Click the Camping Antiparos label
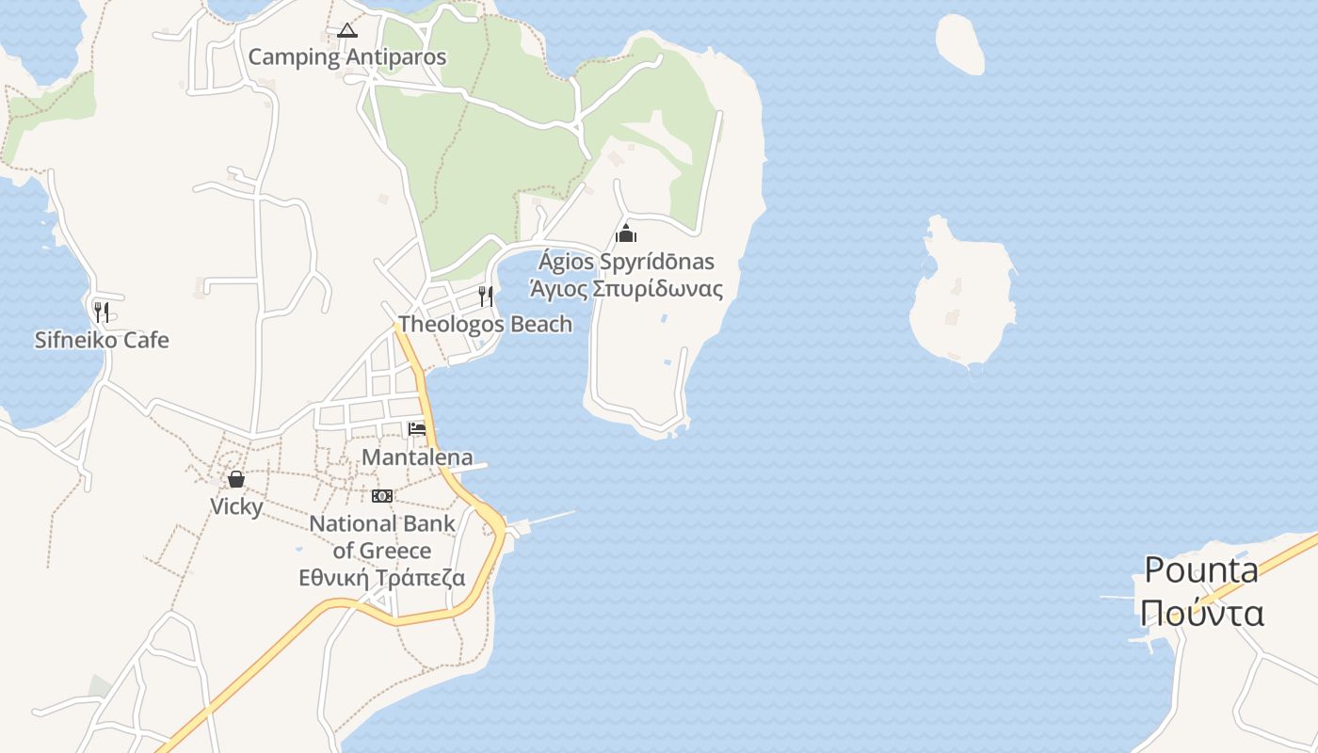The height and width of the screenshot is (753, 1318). [x=346, y=57]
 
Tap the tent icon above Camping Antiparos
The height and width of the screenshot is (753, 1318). [x=347, y=30]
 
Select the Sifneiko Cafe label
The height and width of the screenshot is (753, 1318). [x=102, y=340]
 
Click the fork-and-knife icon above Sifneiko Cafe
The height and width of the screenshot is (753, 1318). [x=102, y=312]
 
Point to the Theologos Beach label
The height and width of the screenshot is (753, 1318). [x=485, y=325]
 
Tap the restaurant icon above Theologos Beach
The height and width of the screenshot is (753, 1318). [x=486, y=296]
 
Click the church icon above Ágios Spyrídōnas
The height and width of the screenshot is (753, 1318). [x=626, y=234]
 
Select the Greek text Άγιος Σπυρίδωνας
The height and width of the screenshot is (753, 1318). [x=626, y=289]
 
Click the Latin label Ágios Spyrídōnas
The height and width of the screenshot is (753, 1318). [x=626, y=262]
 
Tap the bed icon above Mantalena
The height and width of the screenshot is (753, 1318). [x=417, y=429]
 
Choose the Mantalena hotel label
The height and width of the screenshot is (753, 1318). [x=417, y=458]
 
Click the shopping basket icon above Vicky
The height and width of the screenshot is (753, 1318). [x=236, y=479]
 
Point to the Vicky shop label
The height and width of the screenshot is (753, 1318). [x=236, y=507]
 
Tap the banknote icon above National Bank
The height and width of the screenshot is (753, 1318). [x=382, y=496]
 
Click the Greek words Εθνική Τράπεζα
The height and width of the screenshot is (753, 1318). [x=382, y=578]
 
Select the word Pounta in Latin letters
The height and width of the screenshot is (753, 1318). [x=1201, y=570]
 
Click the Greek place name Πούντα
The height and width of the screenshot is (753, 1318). [x=1201, y=613]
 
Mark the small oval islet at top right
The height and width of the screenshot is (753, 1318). [x=960, y=43]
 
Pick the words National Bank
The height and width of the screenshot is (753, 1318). [x=382, y=524]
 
